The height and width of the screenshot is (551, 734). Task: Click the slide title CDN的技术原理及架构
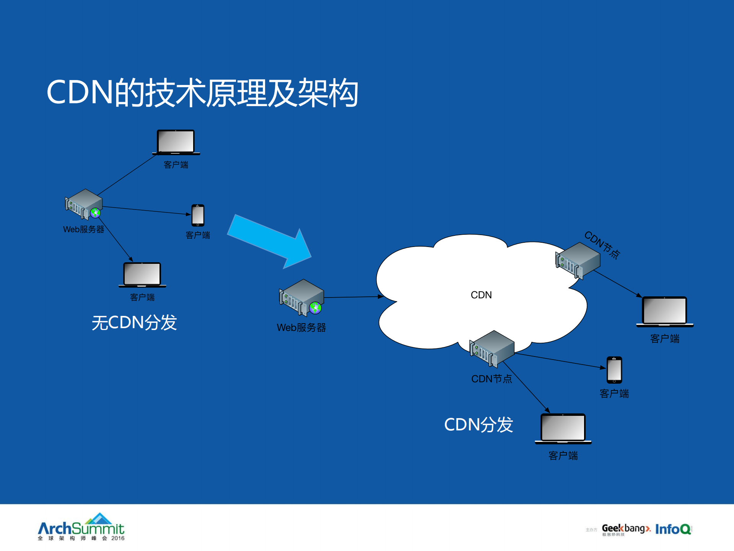pyautogui.click(x=202, y=93)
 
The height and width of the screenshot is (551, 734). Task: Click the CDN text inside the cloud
pyautogui.click(x=481, y=295)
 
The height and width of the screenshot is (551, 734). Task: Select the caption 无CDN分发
pyautogui.click(x=134, y=322)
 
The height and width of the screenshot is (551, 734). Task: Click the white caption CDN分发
pyautogui.click(x=478, y=425)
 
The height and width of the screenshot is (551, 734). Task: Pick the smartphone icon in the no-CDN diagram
pyautogui.click(x=198, y=215)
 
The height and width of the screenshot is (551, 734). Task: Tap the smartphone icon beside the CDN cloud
pyautogui.click(x=614, y=370)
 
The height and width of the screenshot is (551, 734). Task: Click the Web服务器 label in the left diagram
pyautogui.click(x=84, y=229)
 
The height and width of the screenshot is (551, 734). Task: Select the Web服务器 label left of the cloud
pyautogui.click(x=301, y=328)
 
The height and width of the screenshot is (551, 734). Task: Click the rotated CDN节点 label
pyautogui.click(x=602, y=245)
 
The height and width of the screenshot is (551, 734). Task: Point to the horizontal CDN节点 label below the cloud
pyautogui.click(x=492, y=379)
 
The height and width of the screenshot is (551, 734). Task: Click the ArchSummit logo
pyautogui.click(x=81, y=528)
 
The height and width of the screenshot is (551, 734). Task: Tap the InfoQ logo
pyautogui.click(x=673, y=529)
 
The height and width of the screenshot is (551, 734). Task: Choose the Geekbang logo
pyautogui.click(x=626, y=529)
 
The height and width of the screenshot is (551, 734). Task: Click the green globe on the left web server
pyautogui.click(x=95, y=213)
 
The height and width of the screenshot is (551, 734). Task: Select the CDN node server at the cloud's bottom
pyautogui.click(x=492, y=348)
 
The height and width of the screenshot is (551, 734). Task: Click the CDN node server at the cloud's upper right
pyautogui.click(x=578, y=260)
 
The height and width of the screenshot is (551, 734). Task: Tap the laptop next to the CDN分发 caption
pyautogui.click(x=563, y=428)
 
